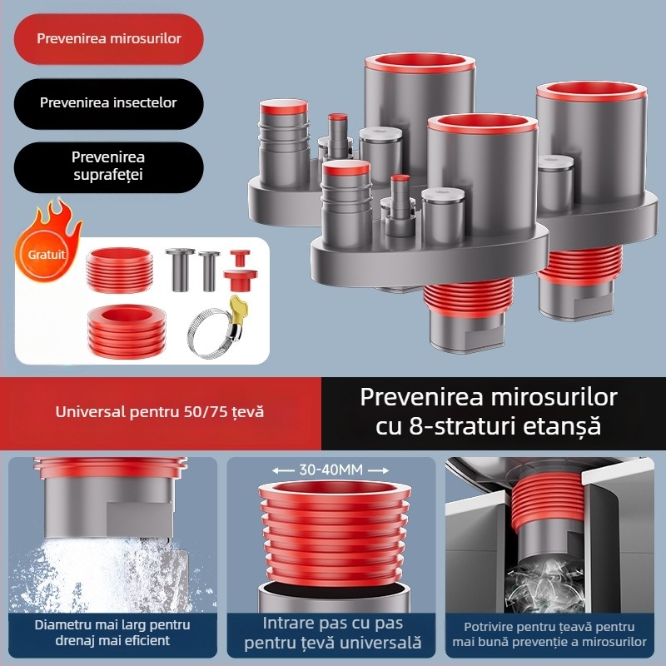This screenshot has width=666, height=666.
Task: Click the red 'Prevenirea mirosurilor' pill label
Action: point(108,38)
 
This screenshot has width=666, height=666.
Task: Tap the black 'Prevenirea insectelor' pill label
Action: point(108,102)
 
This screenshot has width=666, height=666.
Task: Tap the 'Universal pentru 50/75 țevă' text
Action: point(160,411)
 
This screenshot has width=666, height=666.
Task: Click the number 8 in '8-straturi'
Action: point(415,426)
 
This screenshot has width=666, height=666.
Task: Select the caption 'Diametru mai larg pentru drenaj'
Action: point(112,632)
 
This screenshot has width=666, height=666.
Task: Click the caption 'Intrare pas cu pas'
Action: point(332,623)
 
